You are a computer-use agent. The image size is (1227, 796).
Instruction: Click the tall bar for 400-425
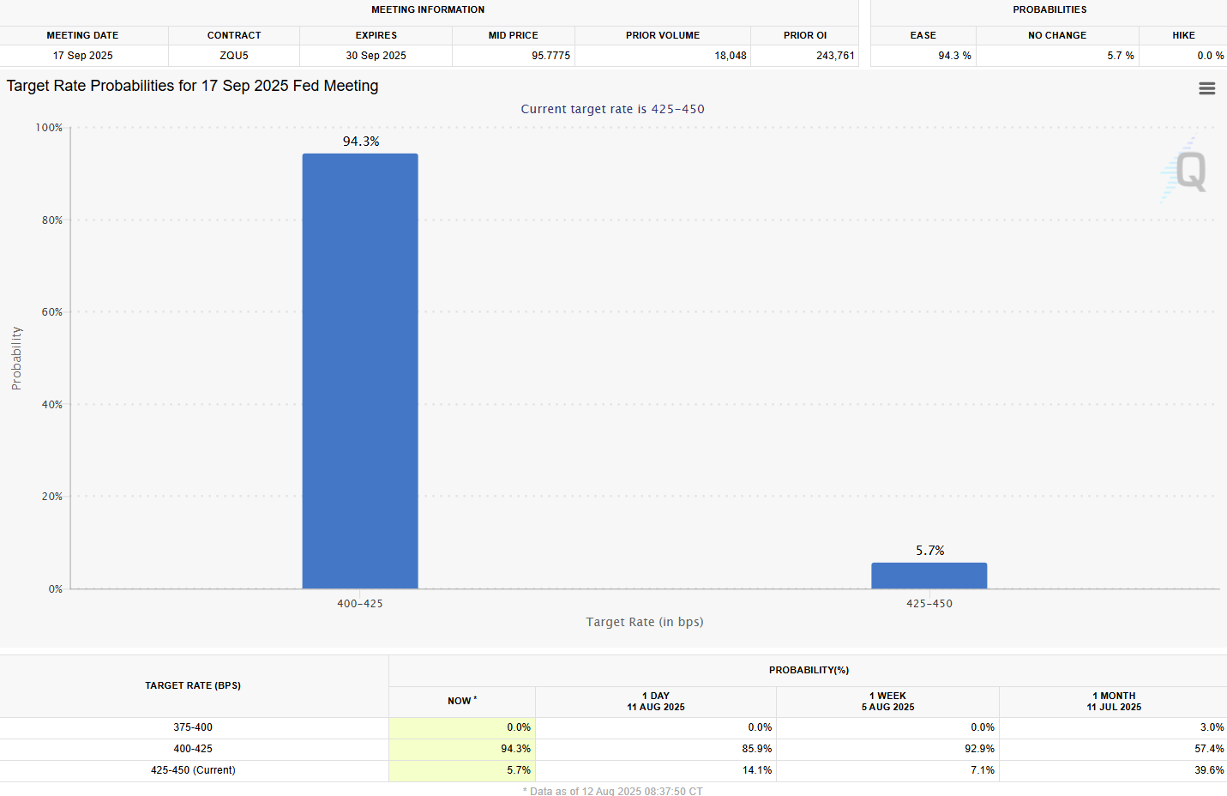coord(360,371)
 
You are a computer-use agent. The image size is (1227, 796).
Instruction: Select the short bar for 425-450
coord(929,576)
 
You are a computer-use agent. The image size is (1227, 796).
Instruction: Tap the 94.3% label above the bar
coord(361,142)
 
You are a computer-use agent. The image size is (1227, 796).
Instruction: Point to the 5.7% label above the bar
coord(929,551)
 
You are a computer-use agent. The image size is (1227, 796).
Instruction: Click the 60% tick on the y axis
coord(52,312)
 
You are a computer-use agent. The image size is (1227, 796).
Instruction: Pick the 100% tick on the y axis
coord(49,128)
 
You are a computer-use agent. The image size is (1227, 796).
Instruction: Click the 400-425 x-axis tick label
coord(360,604)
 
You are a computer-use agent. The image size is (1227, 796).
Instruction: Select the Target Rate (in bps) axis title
coord(645,622)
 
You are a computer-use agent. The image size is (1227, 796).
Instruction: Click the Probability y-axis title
coord(16,359)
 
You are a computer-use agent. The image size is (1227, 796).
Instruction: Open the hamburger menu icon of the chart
coord(1206,89)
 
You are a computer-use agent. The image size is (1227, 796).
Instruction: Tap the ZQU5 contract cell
coord(234,56)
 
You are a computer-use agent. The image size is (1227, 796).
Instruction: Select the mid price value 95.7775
coord(550,56)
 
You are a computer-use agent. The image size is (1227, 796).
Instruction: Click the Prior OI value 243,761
coord(835,56)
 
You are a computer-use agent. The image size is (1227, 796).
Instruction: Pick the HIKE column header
coord(1183,35)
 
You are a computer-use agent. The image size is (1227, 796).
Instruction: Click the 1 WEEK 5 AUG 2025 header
coord(887,702)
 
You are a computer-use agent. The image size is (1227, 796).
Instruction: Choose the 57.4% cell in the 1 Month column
coord(1209,749)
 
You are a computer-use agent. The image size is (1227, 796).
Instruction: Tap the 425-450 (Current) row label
coord(193,770)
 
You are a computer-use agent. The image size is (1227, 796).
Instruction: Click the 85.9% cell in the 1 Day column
coord(756,749)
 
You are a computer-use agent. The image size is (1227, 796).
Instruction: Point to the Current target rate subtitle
coord(612,109)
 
